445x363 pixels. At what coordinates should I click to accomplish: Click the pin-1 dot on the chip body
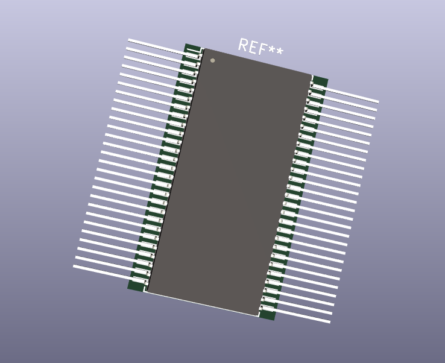pos(212,60)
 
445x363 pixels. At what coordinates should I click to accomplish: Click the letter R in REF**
pos(243,45)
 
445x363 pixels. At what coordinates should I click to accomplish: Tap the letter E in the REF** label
pos(253,48)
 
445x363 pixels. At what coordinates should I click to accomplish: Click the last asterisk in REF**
pos(280,53)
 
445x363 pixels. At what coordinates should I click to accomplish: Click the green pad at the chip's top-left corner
pos(192,48)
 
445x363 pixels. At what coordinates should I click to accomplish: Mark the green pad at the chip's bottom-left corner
pos(136,286)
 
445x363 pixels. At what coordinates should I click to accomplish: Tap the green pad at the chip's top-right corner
pos(321,81)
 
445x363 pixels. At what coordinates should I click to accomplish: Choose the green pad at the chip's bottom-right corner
pos(267,315)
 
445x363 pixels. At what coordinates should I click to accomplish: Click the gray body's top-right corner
pos(312,75)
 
